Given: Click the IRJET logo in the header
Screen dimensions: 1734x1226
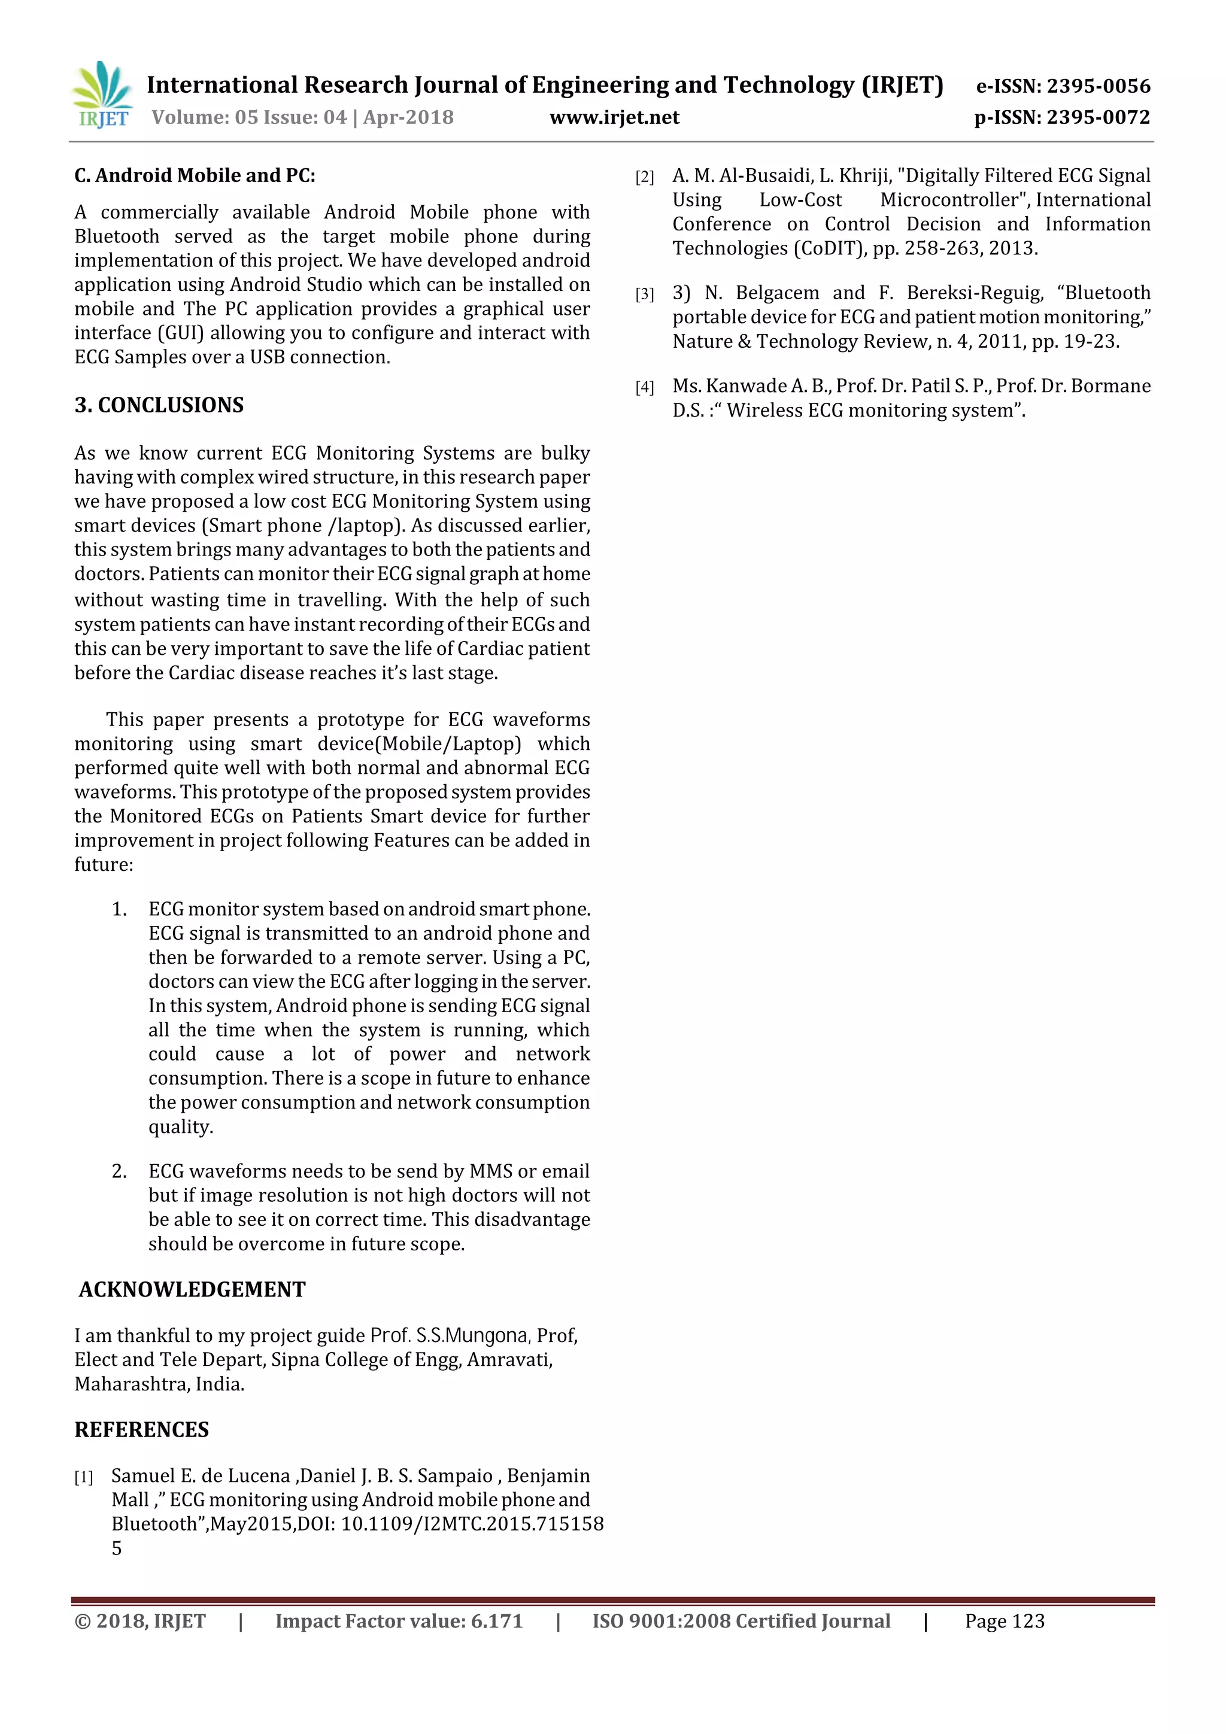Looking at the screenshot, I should (102, 95).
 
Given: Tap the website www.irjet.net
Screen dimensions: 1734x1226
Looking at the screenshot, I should (614, 117).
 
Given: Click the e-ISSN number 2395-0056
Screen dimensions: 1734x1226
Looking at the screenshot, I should (1098, 86).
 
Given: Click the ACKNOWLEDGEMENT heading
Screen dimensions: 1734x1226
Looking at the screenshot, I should (192, 1289).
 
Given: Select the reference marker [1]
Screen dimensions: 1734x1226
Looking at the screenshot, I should (84, 1477).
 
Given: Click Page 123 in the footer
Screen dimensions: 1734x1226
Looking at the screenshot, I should (1004, 1621).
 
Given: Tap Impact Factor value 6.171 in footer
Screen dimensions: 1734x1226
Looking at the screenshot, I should (398, 1621).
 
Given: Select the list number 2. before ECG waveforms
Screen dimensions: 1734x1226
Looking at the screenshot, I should (119, 1171).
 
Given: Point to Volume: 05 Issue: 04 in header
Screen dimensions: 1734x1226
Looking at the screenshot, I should (248, 117).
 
